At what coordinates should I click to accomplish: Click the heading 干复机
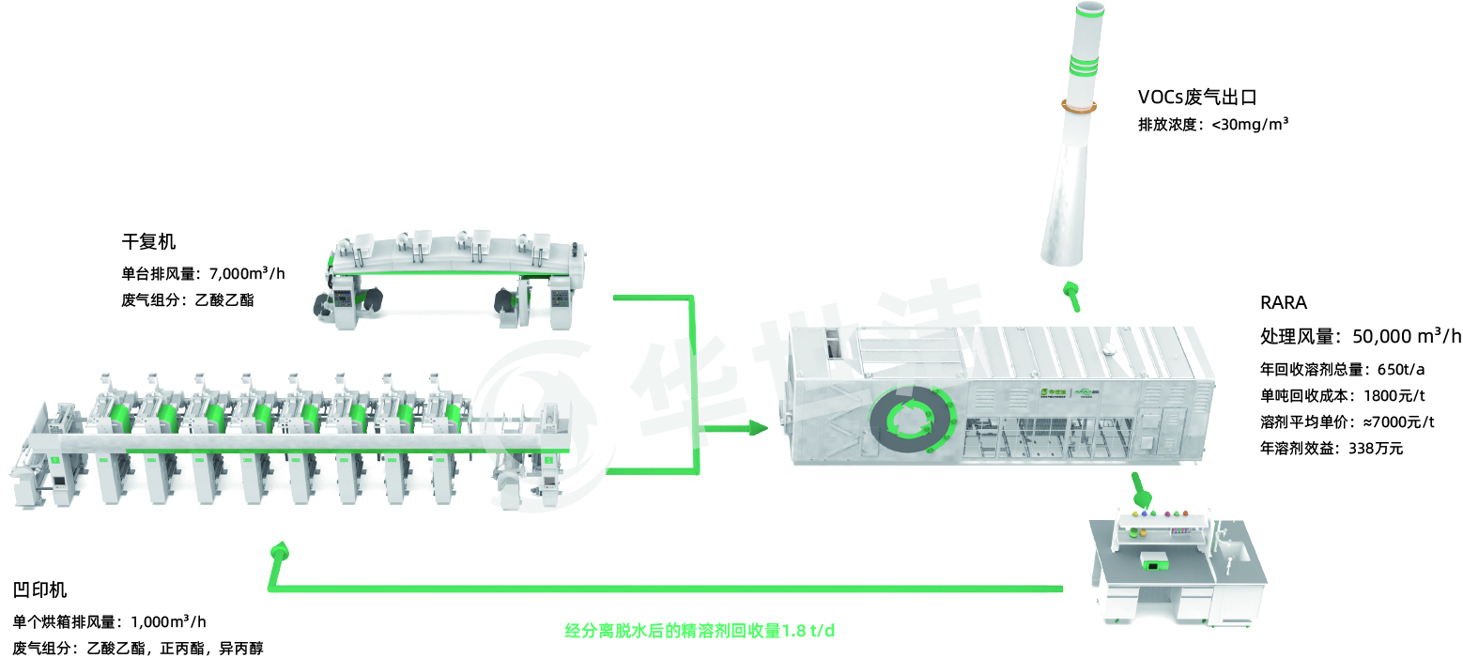point(148,241)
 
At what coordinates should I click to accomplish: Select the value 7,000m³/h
point(247,273)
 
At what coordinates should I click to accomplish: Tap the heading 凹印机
point(39,589)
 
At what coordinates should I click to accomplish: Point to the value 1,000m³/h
point(168,621)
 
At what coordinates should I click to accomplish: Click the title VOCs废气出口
point(1197,98)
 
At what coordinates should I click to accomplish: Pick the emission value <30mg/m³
point(1250,124)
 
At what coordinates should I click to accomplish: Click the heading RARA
point(1284,303)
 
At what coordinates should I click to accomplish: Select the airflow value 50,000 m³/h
point(1406,335)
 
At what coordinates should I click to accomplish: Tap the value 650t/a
point(1401,370)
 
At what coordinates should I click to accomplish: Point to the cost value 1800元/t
point(1394,395)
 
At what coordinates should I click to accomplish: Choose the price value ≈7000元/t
point(1399,421)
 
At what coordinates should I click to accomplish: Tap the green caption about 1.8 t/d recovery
point(700,631)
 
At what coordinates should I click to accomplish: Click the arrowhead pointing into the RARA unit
point(758,428)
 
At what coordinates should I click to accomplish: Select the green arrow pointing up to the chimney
point(1071,297)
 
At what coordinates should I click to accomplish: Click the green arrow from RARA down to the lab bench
point(1140,490)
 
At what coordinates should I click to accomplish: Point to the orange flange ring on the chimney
point(1079,106)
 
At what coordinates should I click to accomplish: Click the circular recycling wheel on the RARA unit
point(911,420)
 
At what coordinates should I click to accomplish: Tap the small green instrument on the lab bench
point(1155,561)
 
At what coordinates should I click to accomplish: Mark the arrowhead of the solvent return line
point(281,550)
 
